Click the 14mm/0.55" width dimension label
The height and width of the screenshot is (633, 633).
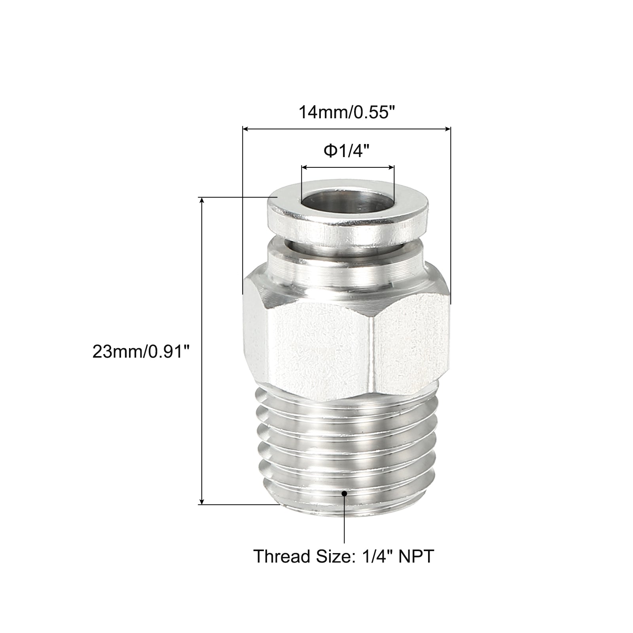tap(347, 112)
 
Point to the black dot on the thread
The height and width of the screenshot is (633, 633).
tap(344, 493)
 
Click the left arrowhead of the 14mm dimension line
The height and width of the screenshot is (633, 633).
tap(246, 129)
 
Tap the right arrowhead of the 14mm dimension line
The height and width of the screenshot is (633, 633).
tap(447, 129)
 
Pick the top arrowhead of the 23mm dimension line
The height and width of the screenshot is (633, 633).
tap(202, 201)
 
